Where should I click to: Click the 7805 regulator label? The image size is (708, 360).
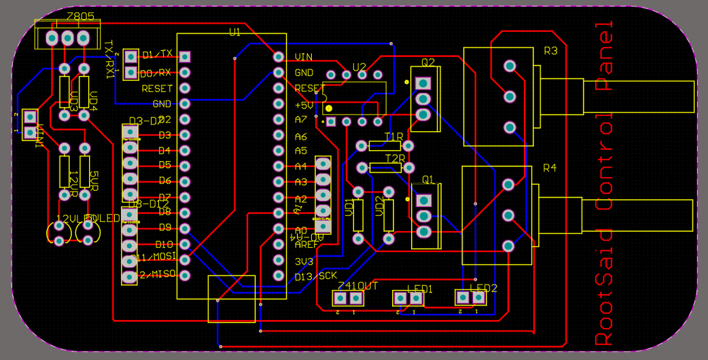tap(62, 16)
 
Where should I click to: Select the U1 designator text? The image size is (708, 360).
tap(234, 33)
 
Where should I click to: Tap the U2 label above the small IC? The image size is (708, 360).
tap(359, 67)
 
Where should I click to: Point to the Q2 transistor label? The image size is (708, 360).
tap(428, 62)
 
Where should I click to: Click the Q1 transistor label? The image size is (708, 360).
tap(428, 180)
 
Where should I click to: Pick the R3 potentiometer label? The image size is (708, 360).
tap(550, 51)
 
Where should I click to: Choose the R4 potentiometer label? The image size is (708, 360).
tap(550, 168)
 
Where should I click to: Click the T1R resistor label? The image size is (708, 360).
tap(394, 138)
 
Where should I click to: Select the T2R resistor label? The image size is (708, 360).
tap(394, 159)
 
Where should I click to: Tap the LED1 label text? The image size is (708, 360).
tap(420, 289)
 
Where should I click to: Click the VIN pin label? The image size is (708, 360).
tap(304, 57)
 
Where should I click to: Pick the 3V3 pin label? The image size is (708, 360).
tap(304, 262)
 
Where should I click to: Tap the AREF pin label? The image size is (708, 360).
tap(306, 245)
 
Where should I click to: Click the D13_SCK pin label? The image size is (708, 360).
tap(316, 276)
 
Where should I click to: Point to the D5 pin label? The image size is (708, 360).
tap(164, 165)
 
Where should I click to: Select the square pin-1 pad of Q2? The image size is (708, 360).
tap(423, 83)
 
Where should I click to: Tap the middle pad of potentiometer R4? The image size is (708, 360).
tap(508, 215)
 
